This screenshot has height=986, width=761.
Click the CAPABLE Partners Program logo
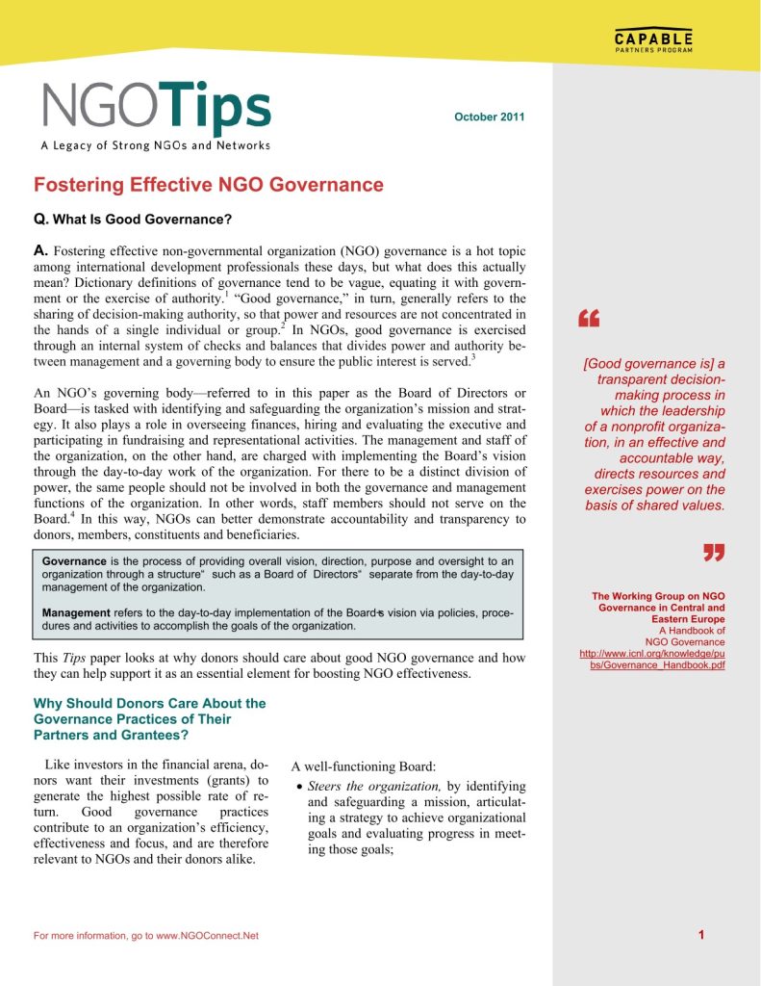coord(652,43)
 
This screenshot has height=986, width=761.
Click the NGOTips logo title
coord(156,108)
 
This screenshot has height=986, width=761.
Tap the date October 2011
coord(489,117)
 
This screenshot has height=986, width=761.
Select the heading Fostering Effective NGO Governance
coord(209,185)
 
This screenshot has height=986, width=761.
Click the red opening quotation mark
coord(589,320)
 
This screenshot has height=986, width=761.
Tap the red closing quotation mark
coord(713,552)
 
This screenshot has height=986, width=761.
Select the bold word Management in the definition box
coord(77,612)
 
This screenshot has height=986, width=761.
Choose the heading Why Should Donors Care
coord(149,718)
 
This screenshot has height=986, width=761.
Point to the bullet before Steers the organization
coord(300,788)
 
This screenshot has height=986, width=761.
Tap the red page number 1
coord(702,935)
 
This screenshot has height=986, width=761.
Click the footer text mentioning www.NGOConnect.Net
coord(146,936)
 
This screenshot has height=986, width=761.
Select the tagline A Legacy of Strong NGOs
coord(155,146)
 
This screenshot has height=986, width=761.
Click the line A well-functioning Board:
coord(364,766)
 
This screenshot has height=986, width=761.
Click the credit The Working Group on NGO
coord(658,596)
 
